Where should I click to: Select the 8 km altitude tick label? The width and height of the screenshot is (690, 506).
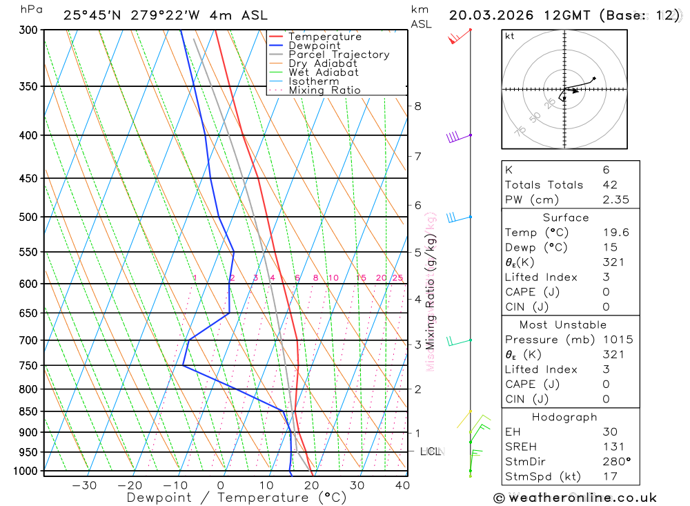tap(417, 106)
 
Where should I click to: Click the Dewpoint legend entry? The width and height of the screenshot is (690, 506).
tap(315, 46)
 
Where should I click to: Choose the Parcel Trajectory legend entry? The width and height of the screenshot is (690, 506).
tap(338, 55)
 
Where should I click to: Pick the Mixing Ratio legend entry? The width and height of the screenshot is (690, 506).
tap(324, 90)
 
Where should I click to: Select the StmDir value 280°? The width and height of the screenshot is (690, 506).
tap(613, 462)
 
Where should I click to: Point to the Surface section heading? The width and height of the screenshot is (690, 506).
tap(566, 217)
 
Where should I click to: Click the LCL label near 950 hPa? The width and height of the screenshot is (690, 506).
tap(431, 451)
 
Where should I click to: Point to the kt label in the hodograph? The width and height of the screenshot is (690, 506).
tap(509, 36)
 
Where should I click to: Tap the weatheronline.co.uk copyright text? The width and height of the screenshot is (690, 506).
tap(575, 497)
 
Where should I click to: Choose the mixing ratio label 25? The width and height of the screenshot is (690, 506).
tap(397, 278)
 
